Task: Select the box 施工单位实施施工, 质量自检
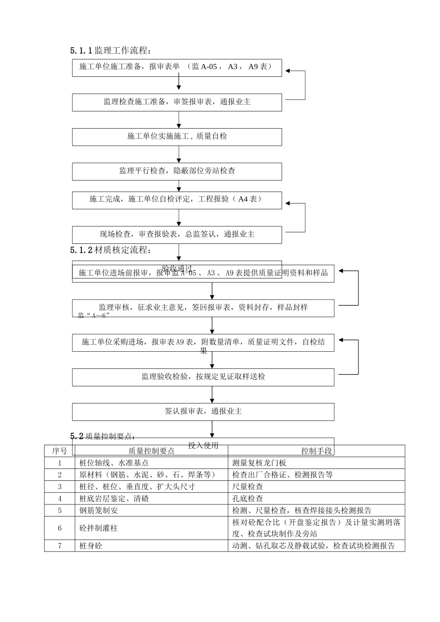coord(177,137)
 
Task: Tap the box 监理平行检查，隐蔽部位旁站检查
coord(177,171)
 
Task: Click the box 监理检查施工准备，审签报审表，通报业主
coord(177,102)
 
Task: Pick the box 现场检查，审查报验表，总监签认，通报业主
coord(177,235)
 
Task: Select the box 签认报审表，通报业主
coord(203,411)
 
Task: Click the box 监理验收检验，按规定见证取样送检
coord(203,377)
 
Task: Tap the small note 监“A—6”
coord(94,316)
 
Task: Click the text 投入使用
coord(203,446)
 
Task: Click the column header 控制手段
coord(316,451)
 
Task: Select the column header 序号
coord(59,451)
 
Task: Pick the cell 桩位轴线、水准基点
coord(114,463)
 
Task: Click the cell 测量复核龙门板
coord(259,463)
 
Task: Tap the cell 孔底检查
coord(248,498)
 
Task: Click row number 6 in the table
coord(59,528)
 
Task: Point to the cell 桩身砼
coord(91,546)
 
